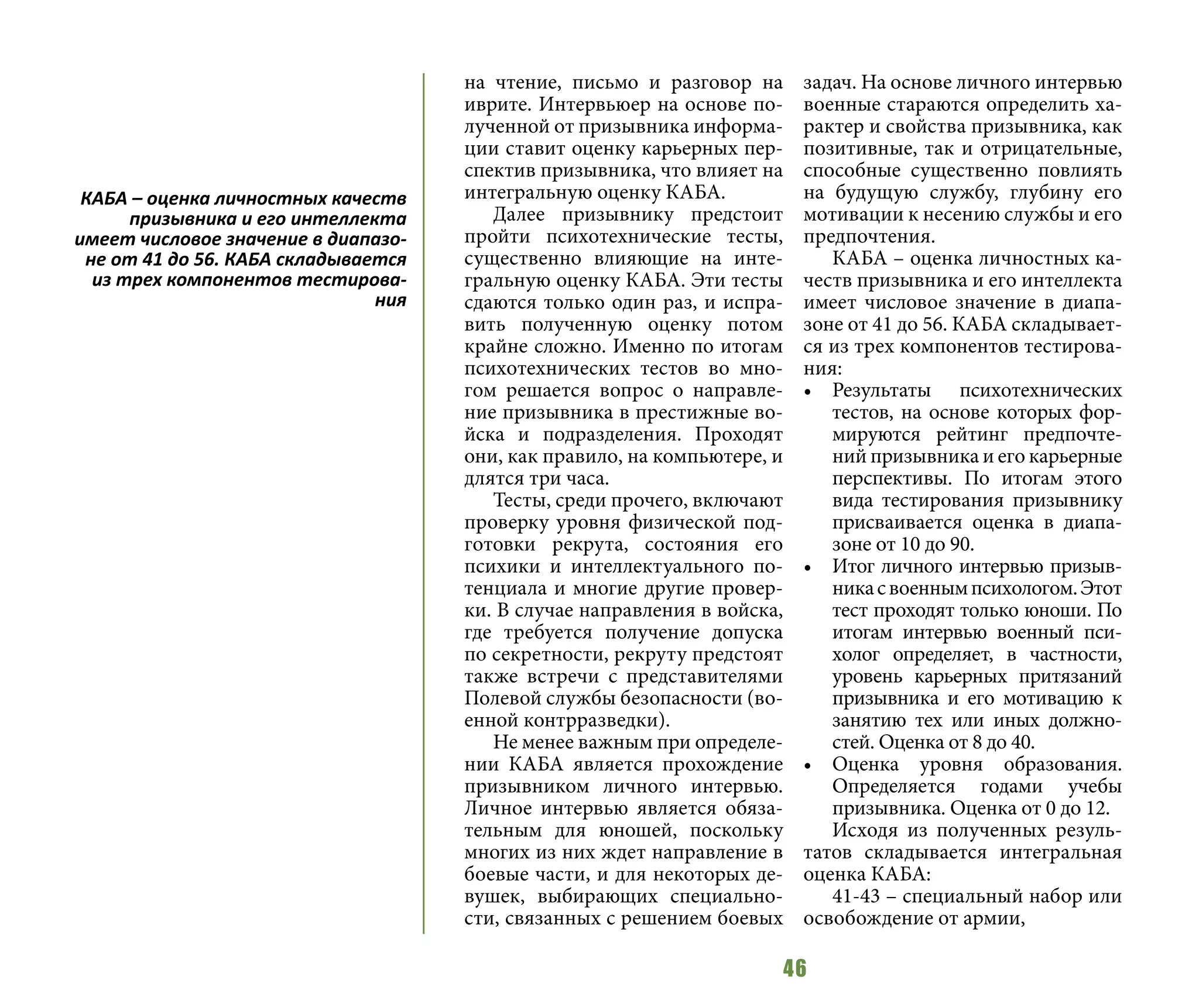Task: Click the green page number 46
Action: (794, 968)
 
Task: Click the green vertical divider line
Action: (423, 503)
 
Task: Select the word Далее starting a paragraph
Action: (519, 215)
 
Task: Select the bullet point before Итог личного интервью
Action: (808, 568)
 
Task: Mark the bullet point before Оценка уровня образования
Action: (808, 766)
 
